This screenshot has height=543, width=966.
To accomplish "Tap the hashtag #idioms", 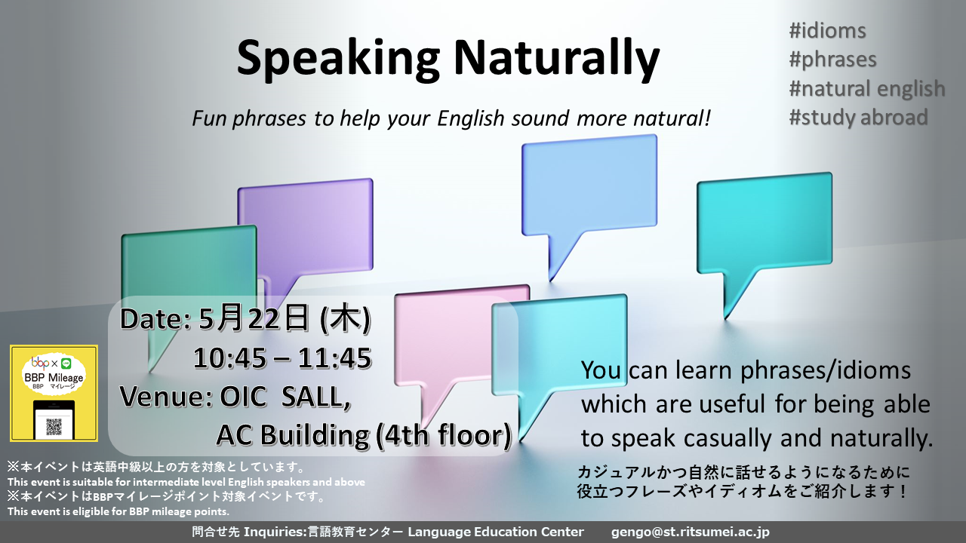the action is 827,31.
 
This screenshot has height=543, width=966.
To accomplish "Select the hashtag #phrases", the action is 832,60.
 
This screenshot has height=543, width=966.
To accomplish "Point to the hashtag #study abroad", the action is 858,117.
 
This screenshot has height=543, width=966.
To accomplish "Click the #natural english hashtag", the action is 867,88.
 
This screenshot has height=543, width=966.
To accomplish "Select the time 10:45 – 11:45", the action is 282,358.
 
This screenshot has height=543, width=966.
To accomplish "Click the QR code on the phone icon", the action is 54,426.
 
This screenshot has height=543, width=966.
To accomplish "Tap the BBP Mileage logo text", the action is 54,378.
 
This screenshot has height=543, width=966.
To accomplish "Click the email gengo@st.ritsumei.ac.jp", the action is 690,532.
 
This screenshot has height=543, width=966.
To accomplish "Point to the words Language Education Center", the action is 496,532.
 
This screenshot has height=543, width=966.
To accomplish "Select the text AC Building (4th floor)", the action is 364,434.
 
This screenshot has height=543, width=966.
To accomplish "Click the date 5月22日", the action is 254,318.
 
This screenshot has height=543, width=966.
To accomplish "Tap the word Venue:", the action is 166,397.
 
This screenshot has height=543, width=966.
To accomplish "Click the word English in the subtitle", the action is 470,118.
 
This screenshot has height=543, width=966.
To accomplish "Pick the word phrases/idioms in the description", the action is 826,370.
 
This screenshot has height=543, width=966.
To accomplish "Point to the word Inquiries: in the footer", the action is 275,532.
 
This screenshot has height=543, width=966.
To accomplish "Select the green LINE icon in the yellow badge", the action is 66,364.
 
